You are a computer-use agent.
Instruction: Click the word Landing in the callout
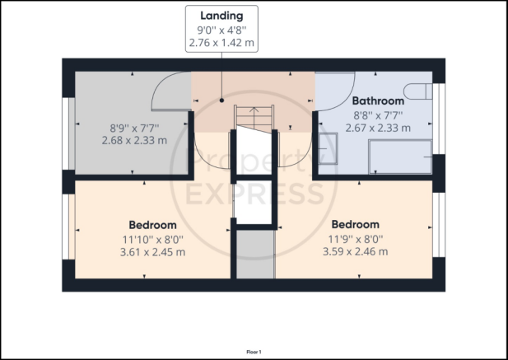click(x=221, y=16)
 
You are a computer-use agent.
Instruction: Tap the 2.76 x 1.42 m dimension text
click(x=221, y=43)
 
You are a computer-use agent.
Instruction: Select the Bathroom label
click(x=378, y=101)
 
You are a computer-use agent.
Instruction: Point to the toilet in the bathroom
click(x=418, y=91)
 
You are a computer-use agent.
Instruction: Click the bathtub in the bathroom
click(x=400, y=157)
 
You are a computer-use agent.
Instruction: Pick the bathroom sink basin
click(x=328, y=149)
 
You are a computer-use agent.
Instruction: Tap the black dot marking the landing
click(x=221, y=101)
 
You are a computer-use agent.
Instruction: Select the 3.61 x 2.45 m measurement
click(x=152, y=252)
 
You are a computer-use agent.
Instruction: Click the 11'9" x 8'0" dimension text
click(x=356, y=240)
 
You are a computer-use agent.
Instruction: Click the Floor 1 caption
click(x=254, y=352)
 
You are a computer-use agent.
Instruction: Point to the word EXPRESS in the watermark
click(x=255, y=195)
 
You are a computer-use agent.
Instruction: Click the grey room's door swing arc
click(x=161, y=85)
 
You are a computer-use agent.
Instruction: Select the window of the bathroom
click(x=439, y=119)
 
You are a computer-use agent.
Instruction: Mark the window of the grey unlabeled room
click(x=68, y=133)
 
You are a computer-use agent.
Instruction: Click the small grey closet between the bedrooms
click(x=255, y=254)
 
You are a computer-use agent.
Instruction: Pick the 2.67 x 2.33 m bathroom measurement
click(x=378, y=128)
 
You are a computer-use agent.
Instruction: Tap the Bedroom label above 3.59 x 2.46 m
click(x=356, y=224)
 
